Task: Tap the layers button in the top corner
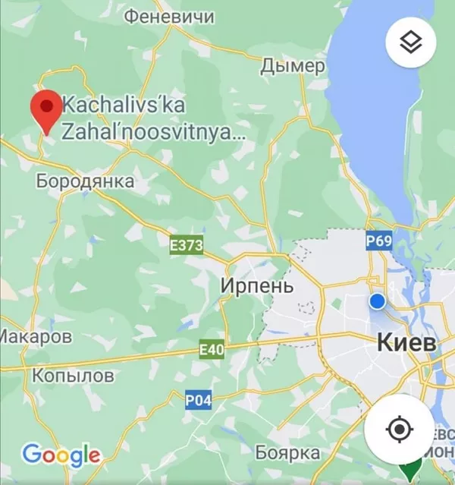click(410, 43)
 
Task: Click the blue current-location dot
click(377, 301)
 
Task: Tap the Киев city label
click(406, 342)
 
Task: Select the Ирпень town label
click(256, 285)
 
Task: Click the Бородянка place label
click(85, 181)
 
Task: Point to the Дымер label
click(292, 67)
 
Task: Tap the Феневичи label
click(168, 16)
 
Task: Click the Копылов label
click(74, 375)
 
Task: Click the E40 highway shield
click(212, 349)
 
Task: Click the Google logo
click(61, 455)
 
